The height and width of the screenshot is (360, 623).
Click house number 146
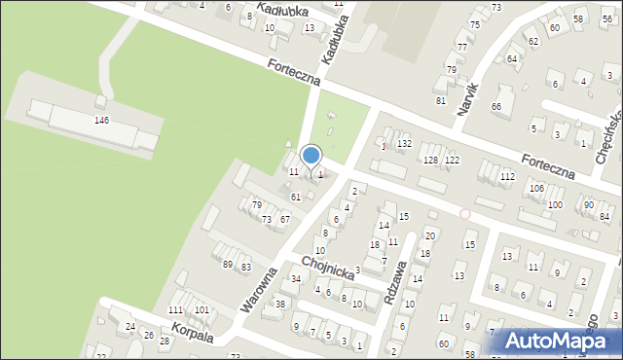[101, 120]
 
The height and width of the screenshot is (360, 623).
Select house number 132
[404, 144]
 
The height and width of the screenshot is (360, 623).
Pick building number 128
[430, 160]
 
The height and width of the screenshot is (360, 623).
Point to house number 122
[452, 160]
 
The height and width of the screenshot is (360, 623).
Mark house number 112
[507, 176]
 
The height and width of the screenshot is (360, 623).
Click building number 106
[536, 187]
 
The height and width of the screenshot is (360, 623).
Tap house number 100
[555, 204]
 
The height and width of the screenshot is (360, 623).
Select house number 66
[495, 106]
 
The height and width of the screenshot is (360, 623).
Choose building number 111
[175, 309]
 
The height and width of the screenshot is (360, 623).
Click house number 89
[228, 265]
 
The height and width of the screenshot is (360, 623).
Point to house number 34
[296, 279]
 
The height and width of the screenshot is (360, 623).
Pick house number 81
[440, 100]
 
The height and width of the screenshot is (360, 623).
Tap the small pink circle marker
[465, 213]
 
